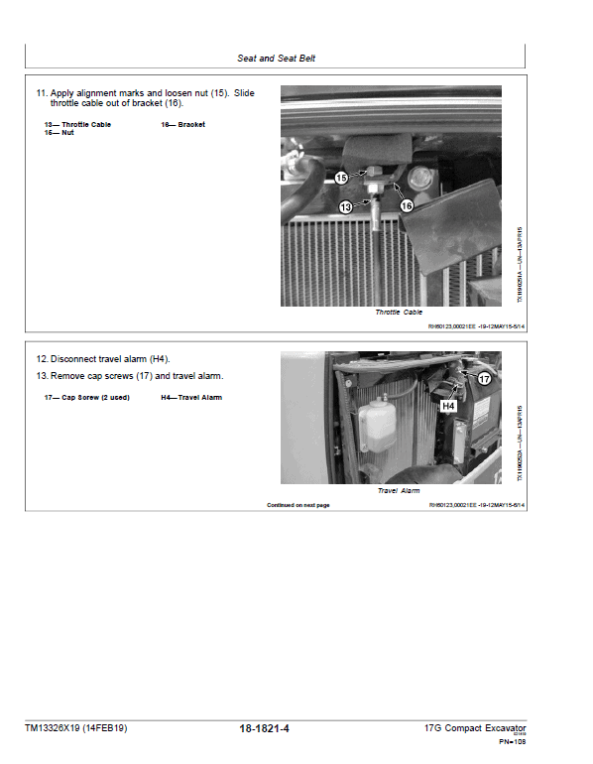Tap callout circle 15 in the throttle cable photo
coord(341,178)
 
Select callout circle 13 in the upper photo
coord(346,207)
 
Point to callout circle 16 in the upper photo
coord(406,204)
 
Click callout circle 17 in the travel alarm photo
coord(485,379)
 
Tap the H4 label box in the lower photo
coord(448,406)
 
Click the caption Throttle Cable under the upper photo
coord(399,313)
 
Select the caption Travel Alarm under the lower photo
coord(399,490)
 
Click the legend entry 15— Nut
coord(59,133)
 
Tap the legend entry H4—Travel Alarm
coord(191,398)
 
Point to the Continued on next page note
coord(297,505)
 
